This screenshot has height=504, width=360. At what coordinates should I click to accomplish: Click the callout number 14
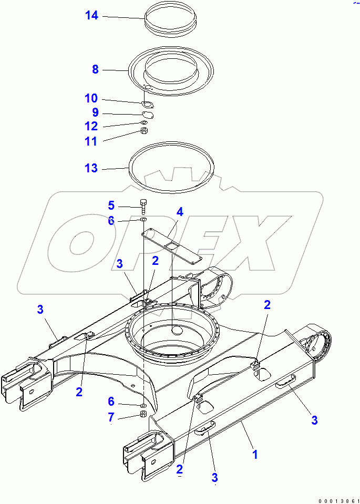click(x=91, y=16)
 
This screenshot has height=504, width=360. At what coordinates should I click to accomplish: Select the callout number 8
click(x=95, y=69)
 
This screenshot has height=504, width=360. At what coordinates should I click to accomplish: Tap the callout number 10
click(x=91, y=98)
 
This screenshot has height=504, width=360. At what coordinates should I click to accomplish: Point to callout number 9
click(x=95, y=112)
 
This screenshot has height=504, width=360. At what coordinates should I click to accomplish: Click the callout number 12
click(x=91, y=126)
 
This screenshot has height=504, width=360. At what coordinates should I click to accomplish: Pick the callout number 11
click(x=91, y=141)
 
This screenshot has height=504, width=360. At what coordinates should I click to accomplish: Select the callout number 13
click(x=91, y=168)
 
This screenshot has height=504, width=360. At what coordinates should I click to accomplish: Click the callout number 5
click(x=111, y=205)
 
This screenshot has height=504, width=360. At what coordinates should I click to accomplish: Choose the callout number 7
click(x=111, y=417)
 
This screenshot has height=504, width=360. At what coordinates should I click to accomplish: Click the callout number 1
click(x=255, y=454)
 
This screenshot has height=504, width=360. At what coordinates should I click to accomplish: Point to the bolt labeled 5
click(x=143, y=205)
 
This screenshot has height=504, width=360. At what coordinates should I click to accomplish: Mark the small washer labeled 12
click(x=144, y=123)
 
